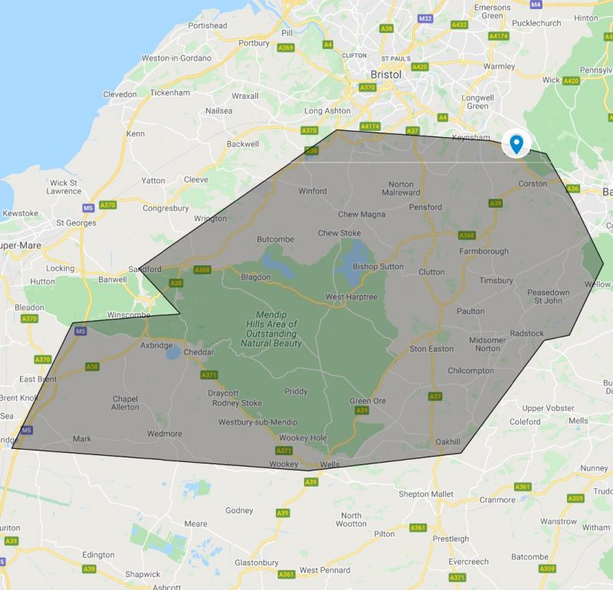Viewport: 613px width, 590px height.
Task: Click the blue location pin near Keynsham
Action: (x=517, y=143)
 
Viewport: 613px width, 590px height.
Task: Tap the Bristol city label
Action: (x=386, y=74)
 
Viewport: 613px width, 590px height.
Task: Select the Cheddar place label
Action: (x=199, y=352)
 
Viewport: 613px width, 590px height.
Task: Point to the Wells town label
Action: (x=329, y=464)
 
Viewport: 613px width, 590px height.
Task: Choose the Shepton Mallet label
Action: (x=425, y=494)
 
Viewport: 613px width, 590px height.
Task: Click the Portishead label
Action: (x=208, y=25)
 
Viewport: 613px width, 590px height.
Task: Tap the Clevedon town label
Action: (x=120, y=94)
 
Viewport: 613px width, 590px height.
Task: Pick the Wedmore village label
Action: (x=164, y=434)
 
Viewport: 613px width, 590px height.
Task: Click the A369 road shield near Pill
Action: (x=286, y=48)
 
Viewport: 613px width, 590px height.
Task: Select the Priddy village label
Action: (x=296, y=392)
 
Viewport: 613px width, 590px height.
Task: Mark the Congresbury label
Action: (x=166, y=208)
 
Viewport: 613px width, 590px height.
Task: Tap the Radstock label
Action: (x=527, y=333)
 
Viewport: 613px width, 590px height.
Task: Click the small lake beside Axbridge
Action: (x=174, y=353)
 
